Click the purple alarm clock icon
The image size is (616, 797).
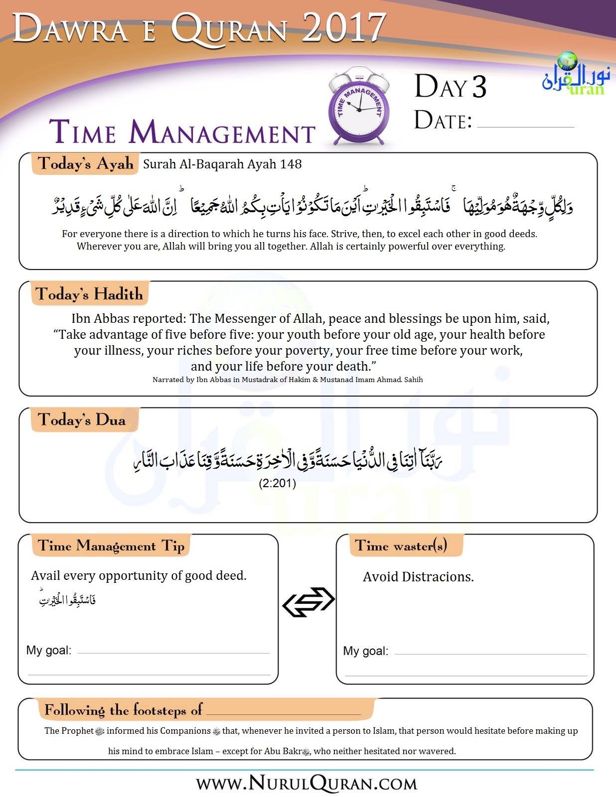(x=359, y=107)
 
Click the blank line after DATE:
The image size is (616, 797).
(x=525, y=125)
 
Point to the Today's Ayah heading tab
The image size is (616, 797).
(x=86, y=164)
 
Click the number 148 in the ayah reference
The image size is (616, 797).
(x=292, y=164)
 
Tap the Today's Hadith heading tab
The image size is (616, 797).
(x=89, y=294)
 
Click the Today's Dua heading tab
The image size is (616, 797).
(x=82, y=420)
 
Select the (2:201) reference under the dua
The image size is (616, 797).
(x=278, y=483)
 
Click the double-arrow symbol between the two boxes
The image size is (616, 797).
(x=308, y=602)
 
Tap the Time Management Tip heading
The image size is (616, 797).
(x=111, y=546)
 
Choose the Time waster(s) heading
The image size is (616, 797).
(x=401, y=546)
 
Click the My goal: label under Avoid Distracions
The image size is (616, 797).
(x=365, y=651)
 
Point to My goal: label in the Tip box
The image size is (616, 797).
(x=49, y=650)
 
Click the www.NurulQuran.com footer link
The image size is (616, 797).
(x=307, y=784)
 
